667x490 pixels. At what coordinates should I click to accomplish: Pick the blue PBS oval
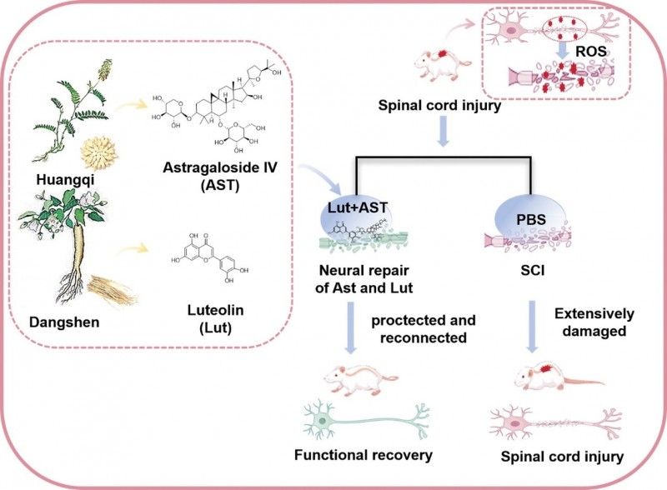[x=522, y=215]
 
